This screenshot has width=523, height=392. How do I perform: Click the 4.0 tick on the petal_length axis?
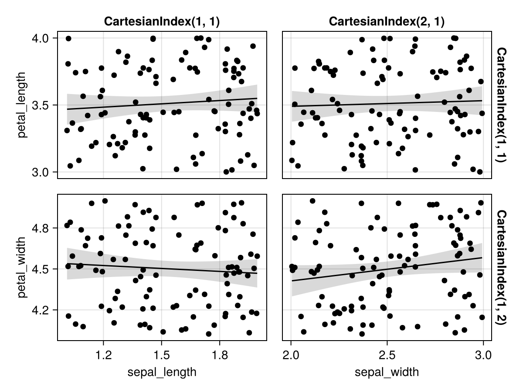[44, 38]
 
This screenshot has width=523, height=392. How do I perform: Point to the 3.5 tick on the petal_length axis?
[44, 105]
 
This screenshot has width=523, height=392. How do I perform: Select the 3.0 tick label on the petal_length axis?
[44, 172]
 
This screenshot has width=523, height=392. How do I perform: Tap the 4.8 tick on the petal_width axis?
[44, 228]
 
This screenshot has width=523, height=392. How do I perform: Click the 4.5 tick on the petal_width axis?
[44, 269]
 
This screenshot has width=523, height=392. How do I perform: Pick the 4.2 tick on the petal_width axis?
[44, 310]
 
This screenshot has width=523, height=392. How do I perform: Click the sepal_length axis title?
[162, 372]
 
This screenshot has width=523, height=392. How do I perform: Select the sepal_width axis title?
[387, 372]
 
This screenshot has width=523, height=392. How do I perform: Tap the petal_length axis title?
[23, 105]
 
